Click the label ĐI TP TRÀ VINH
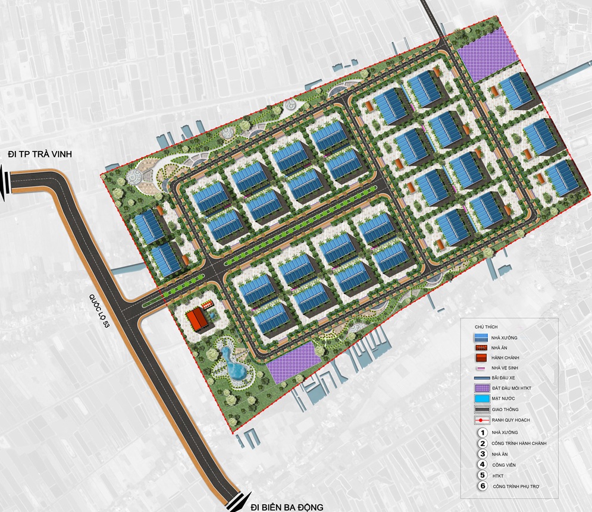tap(39, 155)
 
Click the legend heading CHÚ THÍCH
tap(486, 327)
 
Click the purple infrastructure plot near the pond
tap(289, 362)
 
